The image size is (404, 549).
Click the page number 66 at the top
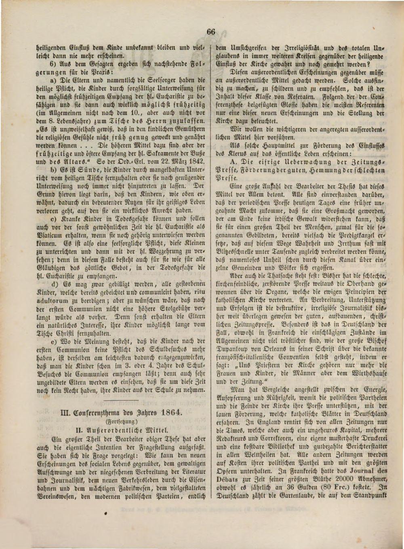pyautogui.click(x=210, y=32)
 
